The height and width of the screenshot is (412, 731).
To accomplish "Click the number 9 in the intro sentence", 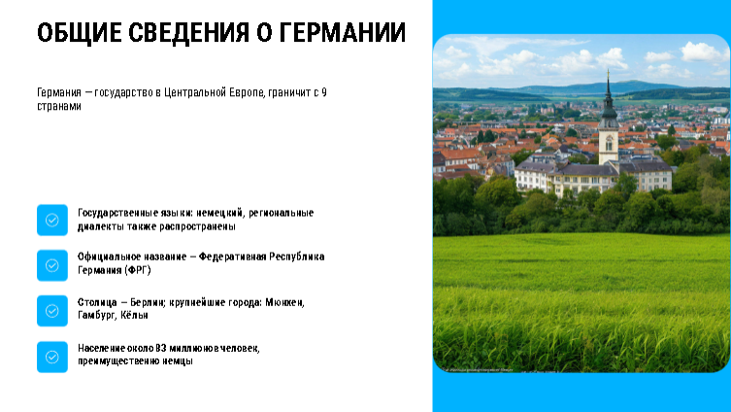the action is click(324, 92).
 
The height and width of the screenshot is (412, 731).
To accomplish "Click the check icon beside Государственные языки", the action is click(52, 220).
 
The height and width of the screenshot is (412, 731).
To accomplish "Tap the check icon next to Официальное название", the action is click(52, 265).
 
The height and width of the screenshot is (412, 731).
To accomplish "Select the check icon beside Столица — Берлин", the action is click(52, 311).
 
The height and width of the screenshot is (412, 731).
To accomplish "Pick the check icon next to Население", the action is click(52, 357).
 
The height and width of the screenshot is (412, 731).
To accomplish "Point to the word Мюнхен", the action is click(284, 302).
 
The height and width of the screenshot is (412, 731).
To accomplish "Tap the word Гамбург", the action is click(96, 315).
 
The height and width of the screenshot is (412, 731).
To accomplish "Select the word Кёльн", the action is click(134, 315).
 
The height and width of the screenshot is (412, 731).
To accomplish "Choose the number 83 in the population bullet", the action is click(161, 348).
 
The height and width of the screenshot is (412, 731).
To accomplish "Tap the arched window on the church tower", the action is click(609, 143).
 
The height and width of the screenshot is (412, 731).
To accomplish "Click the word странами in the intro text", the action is click(59, 106).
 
